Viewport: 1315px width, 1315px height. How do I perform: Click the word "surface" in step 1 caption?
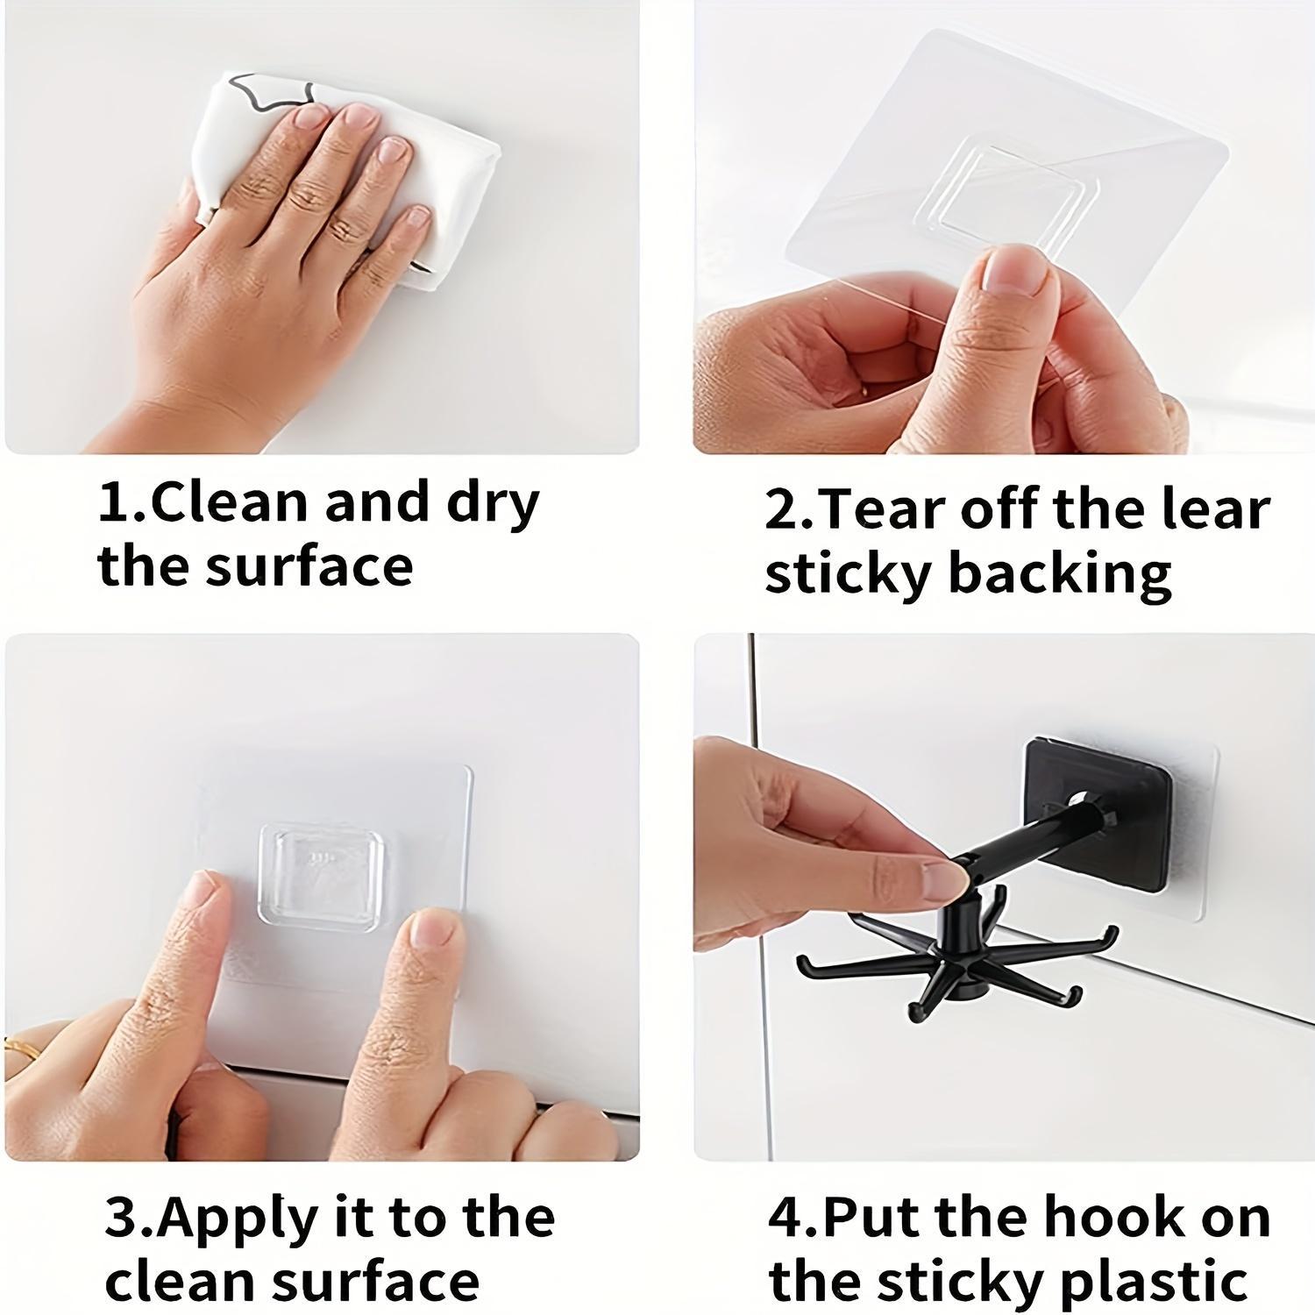click(x=309, y=566)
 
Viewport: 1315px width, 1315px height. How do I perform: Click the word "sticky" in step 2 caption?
click(x=846, y=573)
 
